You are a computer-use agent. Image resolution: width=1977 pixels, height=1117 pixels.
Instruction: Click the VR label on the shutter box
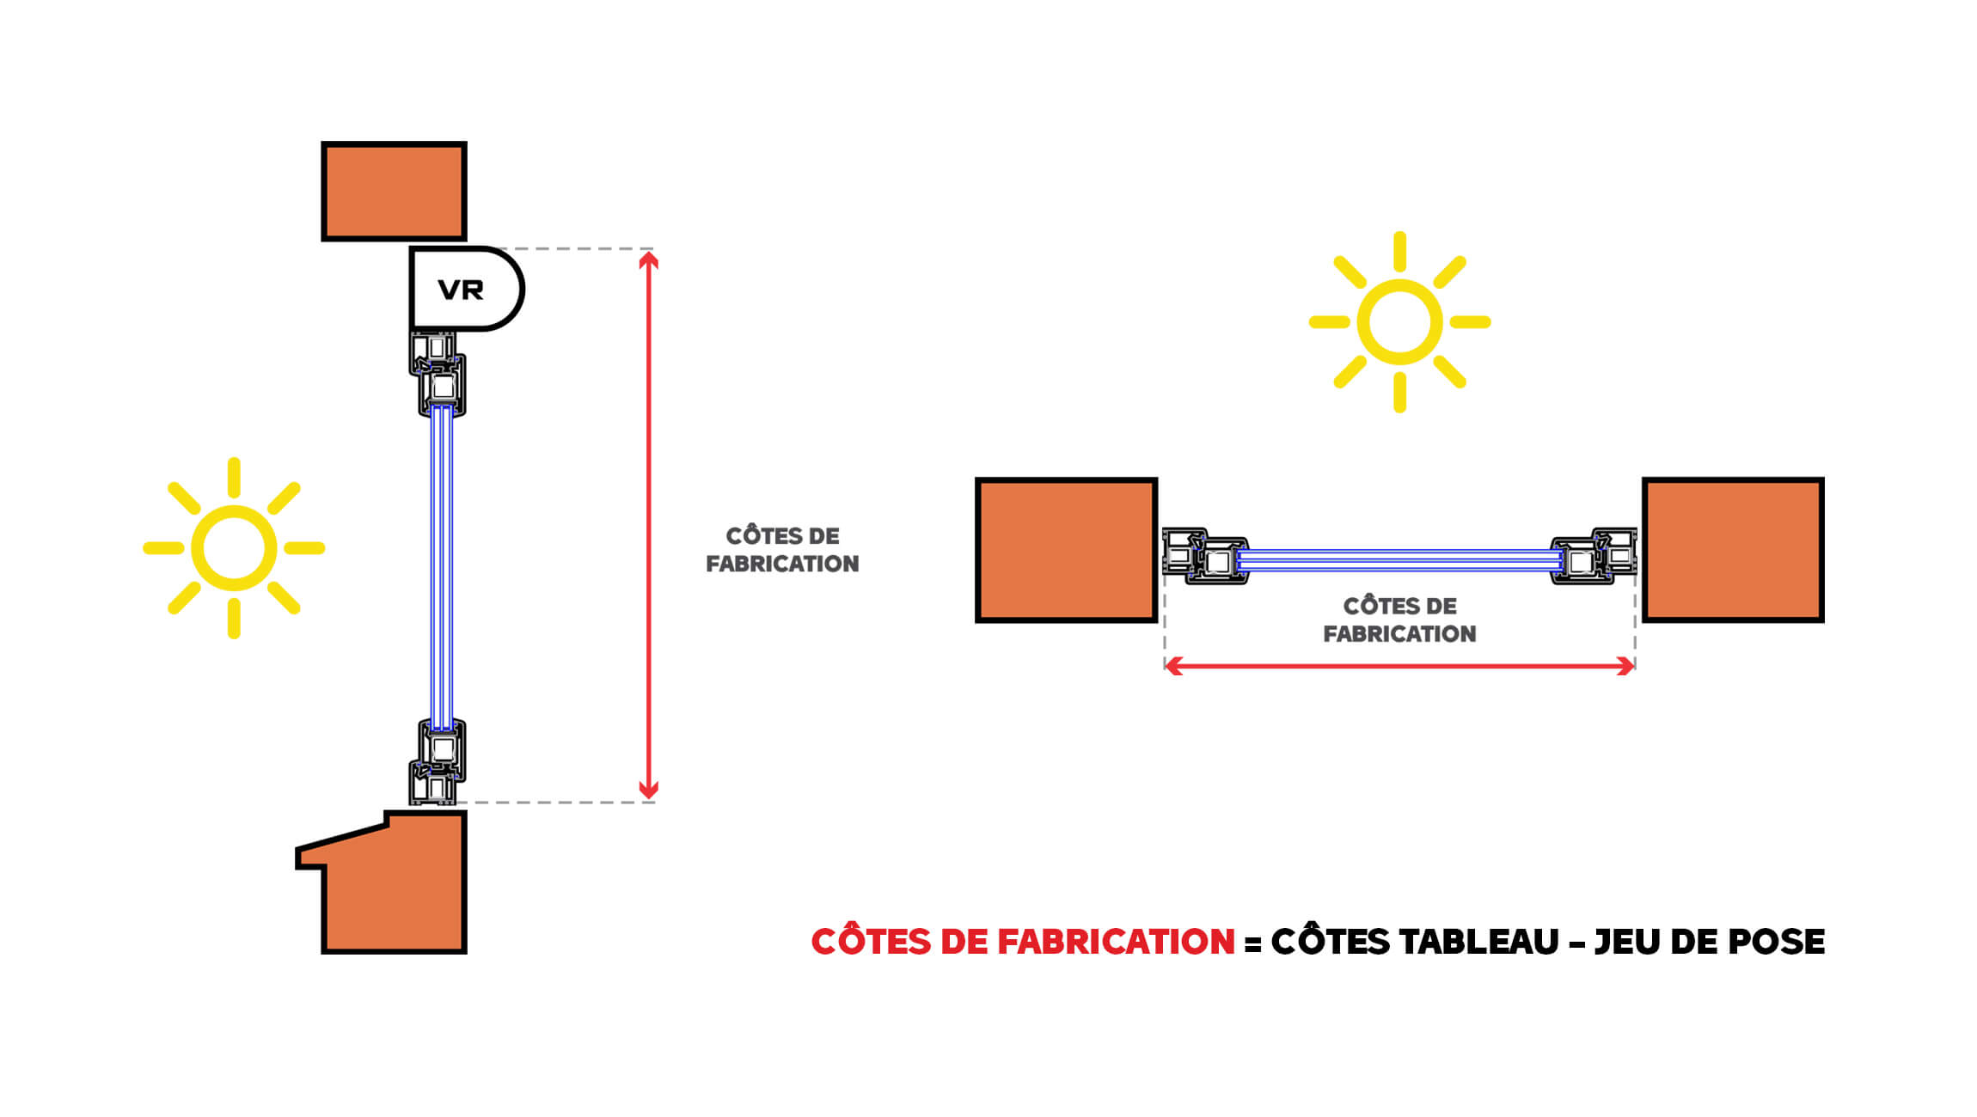(461, 290)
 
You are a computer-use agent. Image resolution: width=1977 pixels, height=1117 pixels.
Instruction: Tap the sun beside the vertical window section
(234, 548)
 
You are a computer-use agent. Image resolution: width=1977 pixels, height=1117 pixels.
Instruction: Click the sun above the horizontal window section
(1399, 322)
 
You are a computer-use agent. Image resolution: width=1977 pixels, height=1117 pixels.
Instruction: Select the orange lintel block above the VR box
(394, 191)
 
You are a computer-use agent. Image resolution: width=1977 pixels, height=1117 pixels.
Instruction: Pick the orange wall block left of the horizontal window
(1066, 549)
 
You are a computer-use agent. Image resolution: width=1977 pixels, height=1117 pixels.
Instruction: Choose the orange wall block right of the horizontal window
(1733, 549)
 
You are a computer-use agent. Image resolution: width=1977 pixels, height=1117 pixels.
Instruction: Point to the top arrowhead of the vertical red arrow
(649, 259)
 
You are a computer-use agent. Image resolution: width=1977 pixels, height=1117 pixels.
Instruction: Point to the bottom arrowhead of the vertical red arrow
(649, 791)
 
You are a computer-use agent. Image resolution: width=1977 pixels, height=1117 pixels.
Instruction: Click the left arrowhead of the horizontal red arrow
(1173, 666)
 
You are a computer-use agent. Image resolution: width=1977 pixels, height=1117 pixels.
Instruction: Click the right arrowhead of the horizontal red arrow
(1625, 666)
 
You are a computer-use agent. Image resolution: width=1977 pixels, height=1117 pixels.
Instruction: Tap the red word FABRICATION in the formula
(1116, 942)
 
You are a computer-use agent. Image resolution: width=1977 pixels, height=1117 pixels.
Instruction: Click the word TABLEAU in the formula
(1478, 942)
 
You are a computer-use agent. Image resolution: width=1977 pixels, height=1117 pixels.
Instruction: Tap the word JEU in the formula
(1626, 942)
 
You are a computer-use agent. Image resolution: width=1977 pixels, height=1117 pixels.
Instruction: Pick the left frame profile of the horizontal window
(1203, 556)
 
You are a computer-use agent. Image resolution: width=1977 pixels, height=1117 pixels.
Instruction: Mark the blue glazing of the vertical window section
(441, 567)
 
